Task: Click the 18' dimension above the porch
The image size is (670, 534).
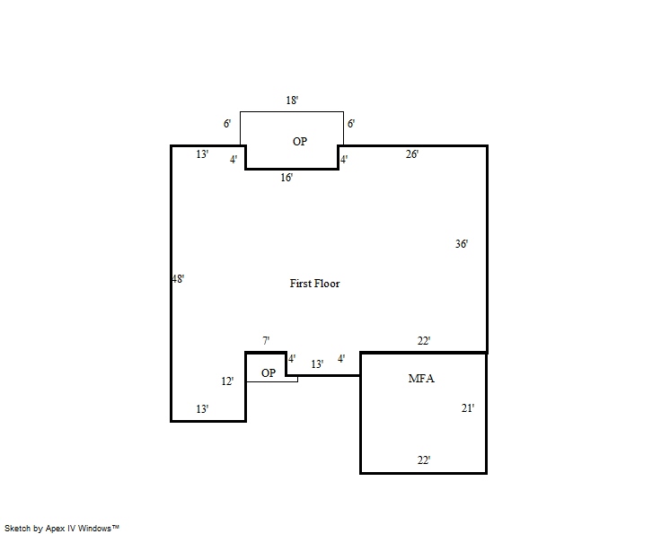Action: click(x=292, y=101)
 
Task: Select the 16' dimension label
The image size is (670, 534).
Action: click(x=287, y=178)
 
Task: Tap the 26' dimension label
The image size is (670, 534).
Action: click(x=411, y=154)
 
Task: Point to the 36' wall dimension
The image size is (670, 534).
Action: click(x=462, y=243)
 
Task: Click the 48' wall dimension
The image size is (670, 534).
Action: click(x=178, y=279)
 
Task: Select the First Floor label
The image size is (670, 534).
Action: click(x=314, y=284)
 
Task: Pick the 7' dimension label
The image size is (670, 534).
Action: click(x=266, y=341)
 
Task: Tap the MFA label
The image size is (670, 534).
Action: click(x=421, y=379)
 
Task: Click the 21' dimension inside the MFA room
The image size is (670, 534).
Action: click(x=468, y=408)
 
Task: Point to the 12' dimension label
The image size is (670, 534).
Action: click(x=227, y=381)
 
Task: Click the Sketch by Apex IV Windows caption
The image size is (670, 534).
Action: click(x=62, y=529)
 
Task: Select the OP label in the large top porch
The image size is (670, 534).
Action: click(x=300, y=142)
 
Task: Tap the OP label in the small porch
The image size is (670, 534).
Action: click(x=269, y=373)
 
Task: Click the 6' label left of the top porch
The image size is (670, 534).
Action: click(x=227, y=124)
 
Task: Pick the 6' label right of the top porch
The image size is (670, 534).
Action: click(x=351, y=124)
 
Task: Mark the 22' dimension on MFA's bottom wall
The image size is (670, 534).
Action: click(x=423, y=460)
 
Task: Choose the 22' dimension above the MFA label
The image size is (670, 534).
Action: click(x=424, y=341)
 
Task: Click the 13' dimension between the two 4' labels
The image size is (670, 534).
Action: click(x=317, y=364)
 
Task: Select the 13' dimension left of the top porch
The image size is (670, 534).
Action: click(x=202, y=154)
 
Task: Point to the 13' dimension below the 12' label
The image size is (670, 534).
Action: click(x=202, y=409)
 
